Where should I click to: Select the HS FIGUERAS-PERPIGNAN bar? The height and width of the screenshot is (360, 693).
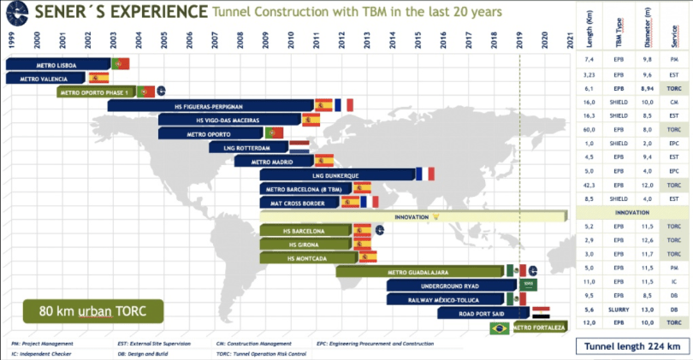(x=210, y=105)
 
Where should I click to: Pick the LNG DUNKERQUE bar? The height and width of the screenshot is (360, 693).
(x=337, y=174)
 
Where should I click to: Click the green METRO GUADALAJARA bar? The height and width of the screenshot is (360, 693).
(x=419, y=272)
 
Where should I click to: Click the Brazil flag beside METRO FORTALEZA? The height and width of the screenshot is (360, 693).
(x=498, y=328)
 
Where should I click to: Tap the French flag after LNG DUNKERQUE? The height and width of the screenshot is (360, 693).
(x=425, y=174)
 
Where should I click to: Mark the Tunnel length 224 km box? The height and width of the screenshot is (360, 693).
(x=632, y=346)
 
